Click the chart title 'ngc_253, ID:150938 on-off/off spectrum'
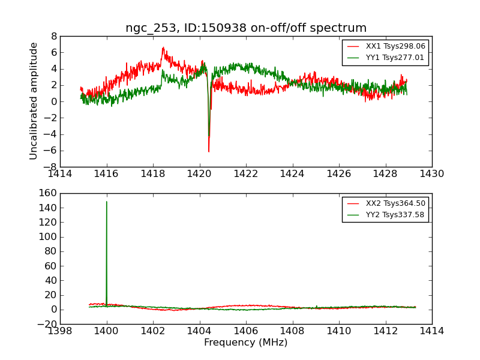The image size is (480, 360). coord(246,28)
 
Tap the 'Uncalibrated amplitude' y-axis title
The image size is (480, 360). coord(34,101)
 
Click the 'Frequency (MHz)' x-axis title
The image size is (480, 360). coord(246,343)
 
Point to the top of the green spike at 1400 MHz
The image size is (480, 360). coord(107,202)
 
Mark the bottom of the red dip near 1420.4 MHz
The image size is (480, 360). coord(209,152)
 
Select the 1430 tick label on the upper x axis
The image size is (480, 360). coord(431,174)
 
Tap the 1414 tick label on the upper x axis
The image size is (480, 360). coord(61,174)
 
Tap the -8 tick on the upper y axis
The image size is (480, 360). coord(51,167)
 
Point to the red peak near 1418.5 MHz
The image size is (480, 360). coord(163,47)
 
